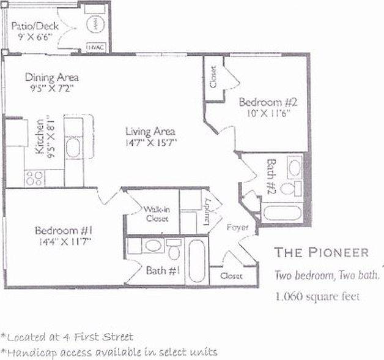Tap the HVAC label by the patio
94,46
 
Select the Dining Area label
51,78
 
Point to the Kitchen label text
39,138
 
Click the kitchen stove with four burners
34,178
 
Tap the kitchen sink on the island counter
73,148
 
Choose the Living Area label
150,132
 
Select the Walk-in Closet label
157,214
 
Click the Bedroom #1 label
63,231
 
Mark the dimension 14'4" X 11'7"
63,242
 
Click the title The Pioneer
321,252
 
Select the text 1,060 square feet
317,297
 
